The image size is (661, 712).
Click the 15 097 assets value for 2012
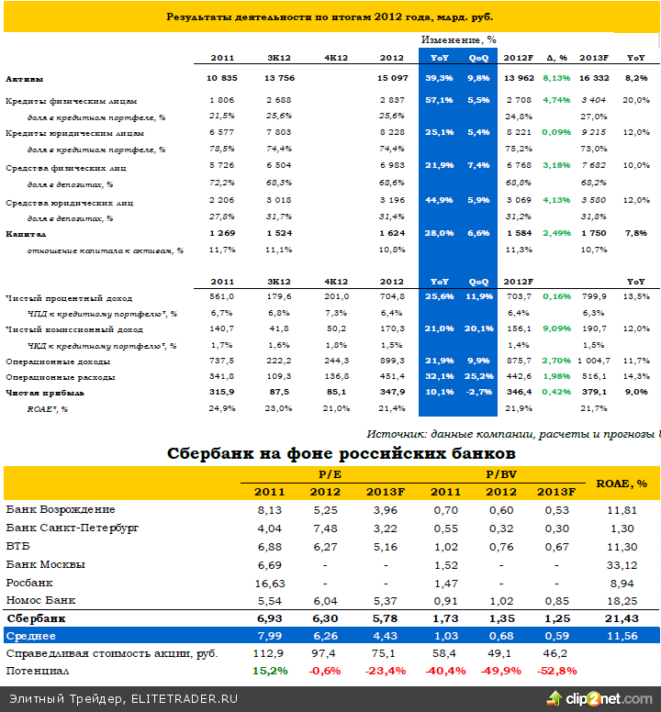coord(391,79)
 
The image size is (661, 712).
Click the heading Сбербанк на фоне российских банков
coord(341,453)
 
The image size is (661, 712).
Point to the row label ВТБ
coord(18,546)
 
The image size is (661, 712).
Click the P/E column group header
coord(330,474)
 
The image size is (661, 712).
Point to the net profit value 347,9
coord(391,392)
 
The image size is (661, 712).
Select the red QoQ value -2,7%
coord(479,392)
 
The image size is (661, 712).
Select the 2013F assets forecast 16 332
coord(596,79)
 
